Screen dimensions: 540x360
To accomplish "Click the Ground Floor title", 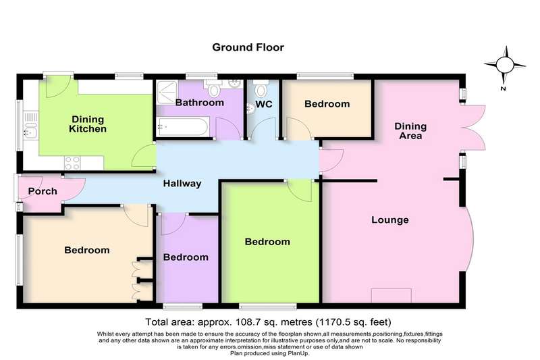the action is pyautogui.click(x=248, y=47).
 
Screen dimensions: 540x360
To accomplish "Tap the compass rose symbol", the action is pyautogui.click(x=505, y=64).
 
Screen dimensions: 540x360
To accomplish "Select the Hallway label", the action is pyautogui.click(x=182, y=184).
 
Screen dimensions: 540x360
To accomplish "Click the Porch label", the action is pyautogui.click(x=43, y=191).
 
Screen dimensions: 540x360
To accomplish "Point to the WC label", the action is pyautogui.click(x=264, y=104).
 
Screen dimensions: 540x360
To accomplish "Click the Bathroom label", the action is pyautogui.click(x=199, y=103).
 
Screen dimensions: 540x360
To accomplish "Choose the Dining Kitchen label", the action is pyautogui.click(x=88, y=124).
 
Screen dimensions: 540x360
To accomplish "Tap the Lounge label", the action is pyautogui.click(x=390, y=220).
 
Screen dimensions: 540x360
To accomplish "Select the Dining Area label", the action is pyautogui.click(x=410, y=131).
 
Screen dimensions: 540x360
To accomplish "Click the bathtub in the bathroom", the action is pyautogui.click(x=182, y=126).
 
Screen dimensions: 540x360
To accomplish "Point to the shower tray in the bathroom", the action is pyautogui.click(x=167, y=93).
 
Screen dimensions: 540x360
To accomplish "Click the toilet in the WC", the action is pyautogui.click(x=261, y=88).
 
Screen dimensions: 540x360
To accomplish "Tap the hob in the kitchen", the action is pyautogui.click(x=72, y=163).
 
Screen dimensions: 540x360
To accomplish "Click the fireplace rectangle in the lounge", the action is pyautogui.click(x=391, y=296).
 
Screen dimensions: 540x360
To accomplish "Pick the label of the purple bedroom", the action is pyautogui.click(x=186, y=257).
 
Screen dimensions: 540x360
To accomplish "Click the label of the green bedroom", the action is pyautogui.click(x=267, y=242).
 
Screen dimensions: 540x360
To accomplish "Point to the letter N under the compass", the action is pyautogui.click(x=503, y=88).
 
